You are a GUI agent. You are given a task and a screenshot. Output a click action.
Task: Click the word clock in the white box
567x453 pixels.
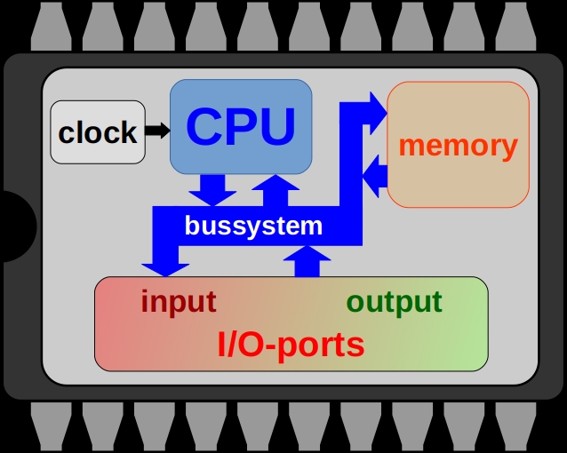point(98,132)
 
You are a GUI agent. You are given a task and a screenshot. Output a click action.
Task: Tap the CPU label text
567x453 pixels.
point(241,126)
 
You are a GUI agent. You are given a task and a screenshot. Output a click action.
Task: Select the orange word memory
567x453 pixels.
point(459,145)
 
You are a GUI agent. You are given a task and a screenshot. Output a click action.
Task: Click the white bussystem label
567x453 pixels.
point(253,226)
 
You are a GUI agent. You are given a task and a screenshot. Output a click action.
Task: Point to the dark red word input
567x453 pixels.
point(178,301)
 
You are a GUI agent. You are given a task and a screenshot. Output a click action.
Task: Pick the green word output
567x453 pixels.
point(394,301)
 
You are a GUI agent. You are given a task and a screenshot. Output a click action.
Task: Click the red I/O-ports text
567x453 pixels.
point(291,344)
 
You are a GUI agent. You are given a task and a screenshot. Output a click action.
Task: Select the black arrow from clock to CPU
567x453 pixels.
point(157,131)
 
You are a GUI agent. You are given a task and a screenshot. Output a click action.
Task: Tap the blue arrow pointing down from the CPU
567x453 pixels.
point(212,189)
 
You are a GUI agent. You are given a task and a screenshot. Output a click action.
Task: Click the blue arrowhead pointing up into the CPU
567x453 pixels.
point(276,186)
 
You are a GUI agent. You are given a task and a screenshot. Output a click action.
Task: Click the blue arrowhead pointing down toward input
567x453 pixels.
point(165,265)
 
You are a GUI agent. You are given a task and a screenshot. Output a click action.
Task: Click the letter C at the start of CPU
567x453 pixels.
point(204,126)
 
